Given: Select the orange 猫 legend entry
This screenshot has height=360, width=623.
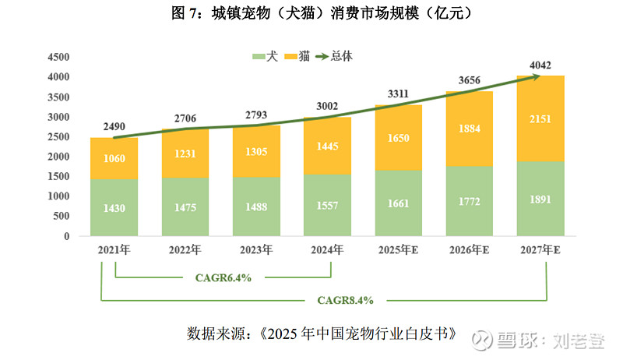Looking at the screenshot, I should pyautogui.click(x=301, y=57).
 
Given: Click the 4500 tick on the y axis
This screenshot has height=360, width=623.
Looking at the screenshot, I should pyautogui.click(x=58, y=57).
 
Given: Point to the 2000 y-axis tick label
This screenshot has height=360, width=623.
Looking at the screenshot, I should pyautogui.click(x=58, y=157).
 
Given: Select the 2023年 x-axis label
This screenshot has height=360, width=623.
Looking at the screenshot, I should pyautogui.click(x=256, y=251).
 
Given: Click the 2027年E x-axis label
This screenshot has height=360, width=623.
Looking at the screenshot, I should pyautogui.click(x=541, y=251).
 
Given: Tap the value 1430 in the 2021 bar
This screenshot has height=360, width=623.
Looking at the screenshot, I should pyautogui.click(x=114, y=208).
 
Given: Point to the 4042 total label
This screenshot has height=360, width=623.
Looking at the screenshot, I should pyautogui.click(x=541, y=65).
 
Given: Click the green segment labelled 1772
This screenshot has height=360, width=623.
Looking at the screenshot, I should pyautogui.click(x=470, y=201).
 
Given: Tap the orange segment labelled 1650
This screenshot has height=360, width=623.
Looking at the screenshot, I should pyautogui.click(x=399, y=137).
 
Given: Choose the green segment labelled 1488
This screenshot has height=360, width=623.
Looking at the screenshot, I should pyautogui.click(x=256, y=206).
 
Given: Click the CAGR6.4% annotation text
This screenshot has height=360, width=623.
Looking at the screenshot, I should pyautogui.click(x=224, y=277).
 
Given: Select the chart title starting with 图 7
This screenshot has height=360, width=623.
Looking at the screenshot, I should pyautogui.click(x=311, y=14).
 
